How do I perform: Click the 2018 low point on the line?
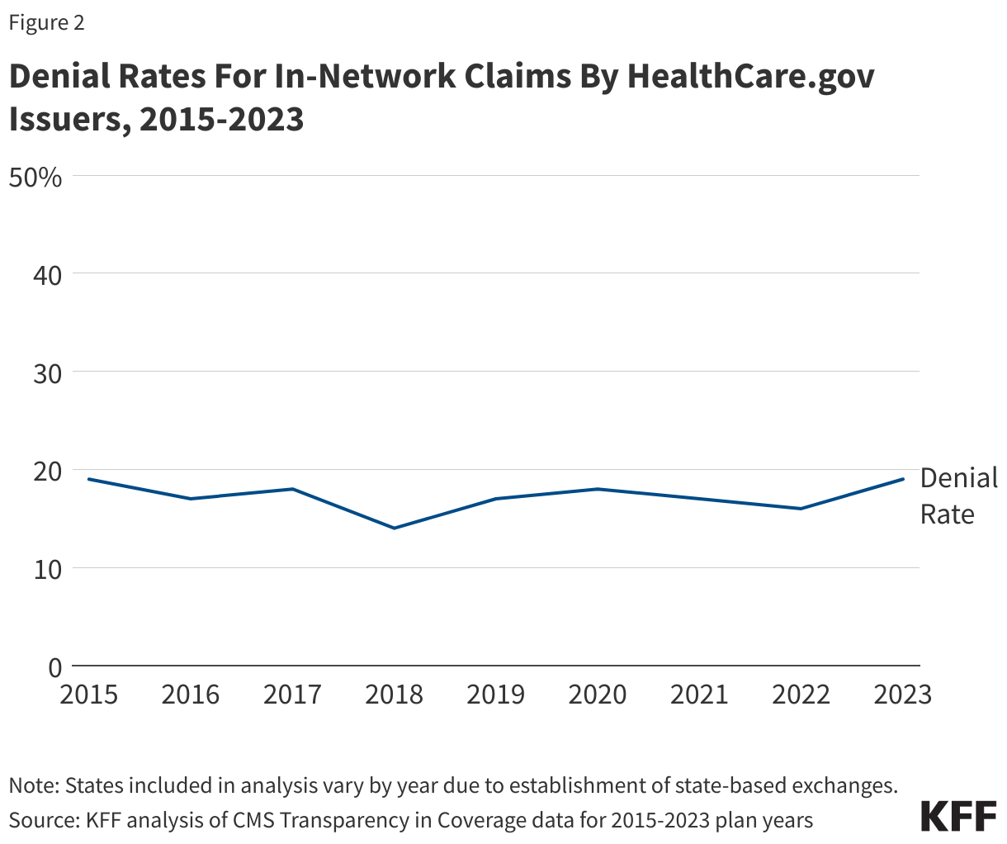(395, 528)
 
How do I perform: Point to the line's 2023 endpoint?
(903, 479)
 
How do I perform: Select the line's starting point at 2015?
(89, 479)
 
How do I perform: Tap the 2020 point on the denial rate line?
(598, 489)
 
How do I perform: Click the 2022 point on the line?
(801, 509)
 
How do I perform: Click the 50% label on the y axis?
(35, 177)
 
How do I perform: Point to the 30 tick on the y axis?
(47, 372)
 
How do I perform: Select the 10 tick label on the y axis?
(47, 569)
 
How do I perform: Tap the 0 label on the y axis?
(54, 666)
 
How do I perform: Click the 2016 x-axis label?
(191, 695)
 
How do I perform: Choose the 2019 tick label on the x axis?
(496, 695)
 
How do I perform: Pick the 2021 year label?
(699, 695)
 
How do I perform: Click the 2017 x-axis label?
(292, 695)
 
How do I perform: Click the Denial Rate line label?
(957, 495)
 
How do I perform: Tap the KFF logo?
(958, 816)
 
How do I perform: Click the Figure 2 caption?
(46, 22)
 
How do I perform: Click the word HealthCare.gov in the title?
(750, 77)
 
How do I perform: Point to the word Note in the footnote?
(31, 785)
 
